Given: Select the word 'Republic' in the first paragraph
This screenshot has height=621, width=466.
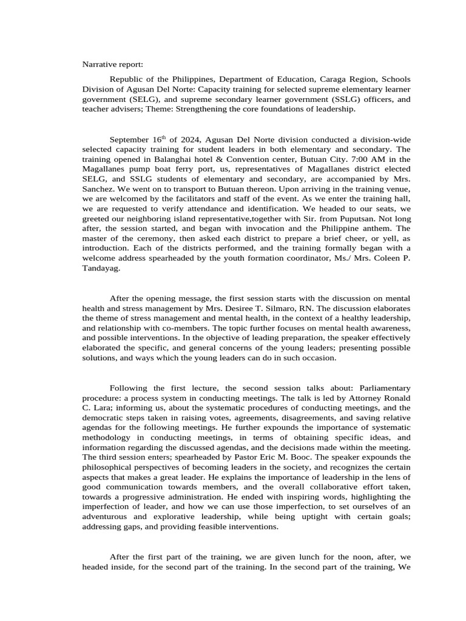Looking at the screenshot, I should (x=127, y=79).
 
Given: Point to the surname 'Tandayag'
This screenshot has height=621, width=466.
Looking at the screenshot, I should (x=101, y=268).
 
